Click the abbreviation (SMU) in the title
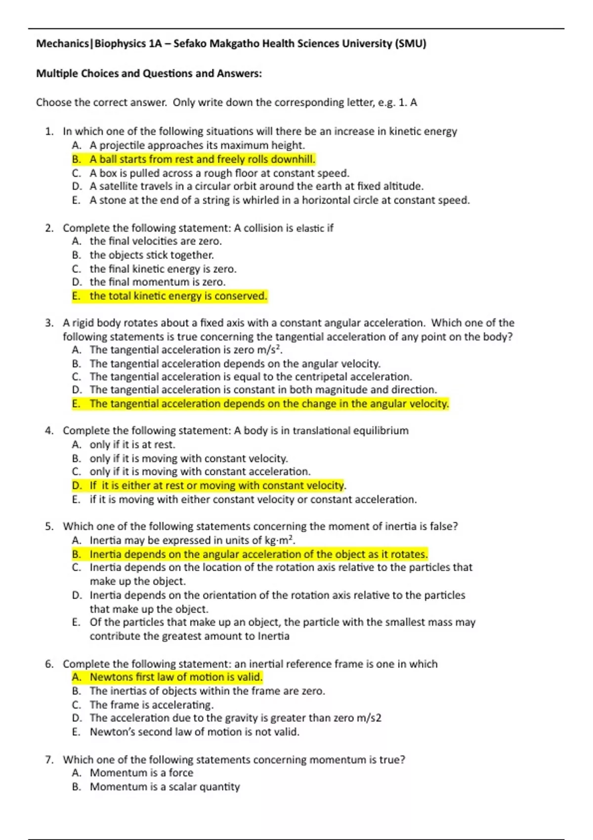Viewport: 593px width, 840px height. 410,43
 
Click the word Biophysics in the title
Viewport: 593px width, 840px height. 120,43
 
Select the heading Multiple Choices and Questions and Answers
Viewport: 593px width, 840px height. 149,74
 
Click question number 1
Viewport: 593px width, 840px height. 49,131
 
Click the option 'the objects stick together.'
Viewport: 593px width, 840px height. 151,255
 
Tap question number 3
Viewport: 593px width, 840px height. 49,323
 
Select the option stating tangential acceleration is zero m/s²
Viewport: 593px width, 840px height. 186,350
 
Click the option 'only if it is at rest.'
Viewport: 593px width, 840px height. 132,445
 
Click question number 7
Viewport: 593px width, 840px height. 49,760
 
